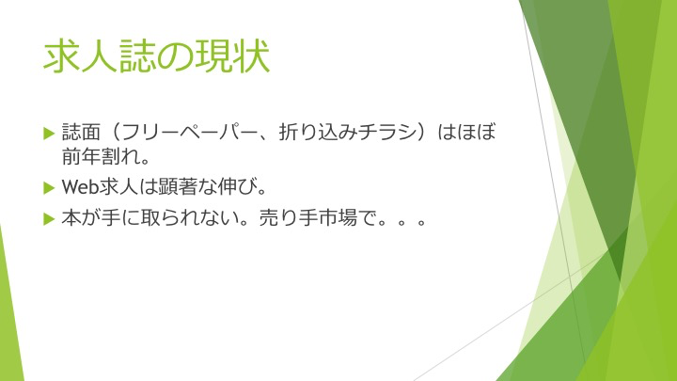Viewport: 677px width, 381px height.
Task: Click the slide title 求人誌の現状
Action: click(156, 56)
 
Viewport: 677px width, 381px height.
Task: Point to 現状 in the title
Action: click(232, 56)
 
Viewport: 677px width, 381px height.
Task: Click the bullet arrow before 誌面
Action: click(49, 133)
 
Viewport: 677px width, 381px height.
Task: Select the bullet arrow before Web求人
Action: click(49, 188)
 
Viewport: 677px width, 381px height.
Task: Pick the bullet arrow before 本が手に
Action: click(49, 219)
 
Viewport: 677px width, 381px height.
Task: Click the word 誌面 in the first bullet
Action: click(81, 133)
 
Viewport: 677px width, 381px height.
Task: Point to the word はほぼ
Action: click(466, 133)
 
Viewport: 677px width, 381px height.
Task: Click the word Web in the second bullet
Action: click(81, 187)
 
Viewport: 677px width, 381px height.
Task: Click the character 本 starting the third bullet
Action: click(71, 218)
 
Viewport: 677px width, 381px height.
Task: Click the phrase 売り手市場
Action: click(308, 218)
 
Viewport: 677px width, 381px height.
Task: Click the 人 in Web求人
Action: click(129, 187)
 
